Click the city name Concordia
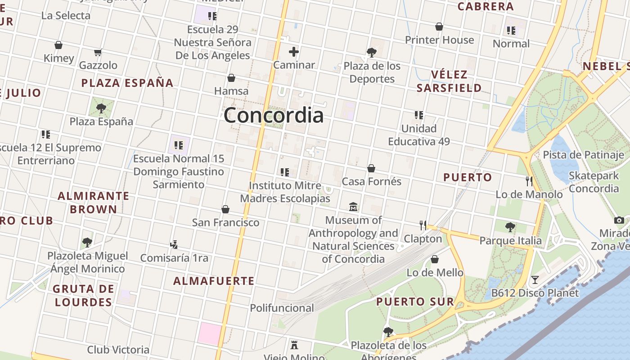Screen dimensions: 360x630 pos(274,115)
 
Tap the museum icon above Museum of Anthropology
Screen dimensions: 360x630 pos(353,207)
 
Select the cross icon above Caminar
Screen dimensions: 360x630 pos(294,52)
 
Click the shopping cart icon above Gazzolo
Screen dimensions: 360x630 pos(98,52)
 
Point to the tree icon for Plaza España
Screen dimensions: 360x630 pos(101,108)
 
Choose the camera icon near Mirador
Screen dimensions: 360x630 pos(619,220)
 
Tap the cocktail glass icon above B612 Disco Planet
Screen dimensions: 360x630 pos(535,280)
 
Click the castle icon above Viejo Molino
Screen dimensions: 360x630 pos(294,345)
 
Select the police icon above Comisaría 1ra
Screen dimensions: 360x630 pos(174,245)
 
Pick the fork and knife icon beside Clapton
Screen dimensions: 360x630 pos(423,225)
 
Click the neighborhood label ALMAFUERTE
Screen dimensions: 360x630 pos(214,281)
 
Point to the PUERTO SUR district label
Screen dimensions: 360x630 pos(415,301)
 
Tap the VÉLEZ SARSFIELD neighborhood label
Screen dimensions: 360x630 pos(449,81)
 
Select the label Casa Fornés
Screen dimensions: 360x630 pos(371,181)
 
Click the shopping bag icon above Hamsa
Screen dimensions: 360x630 pos(231,78)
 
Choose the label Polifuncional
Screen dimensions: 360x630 pos(282,308)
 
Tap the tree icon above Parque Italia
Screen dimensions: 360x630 pos(510,227)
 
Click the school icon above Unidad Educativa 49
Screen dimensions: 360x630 pos(419,115)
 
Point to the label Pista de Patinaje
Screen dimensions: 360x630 pos(583,155)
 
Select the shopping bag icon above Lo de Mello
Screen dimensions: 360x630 pos(435,259)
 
